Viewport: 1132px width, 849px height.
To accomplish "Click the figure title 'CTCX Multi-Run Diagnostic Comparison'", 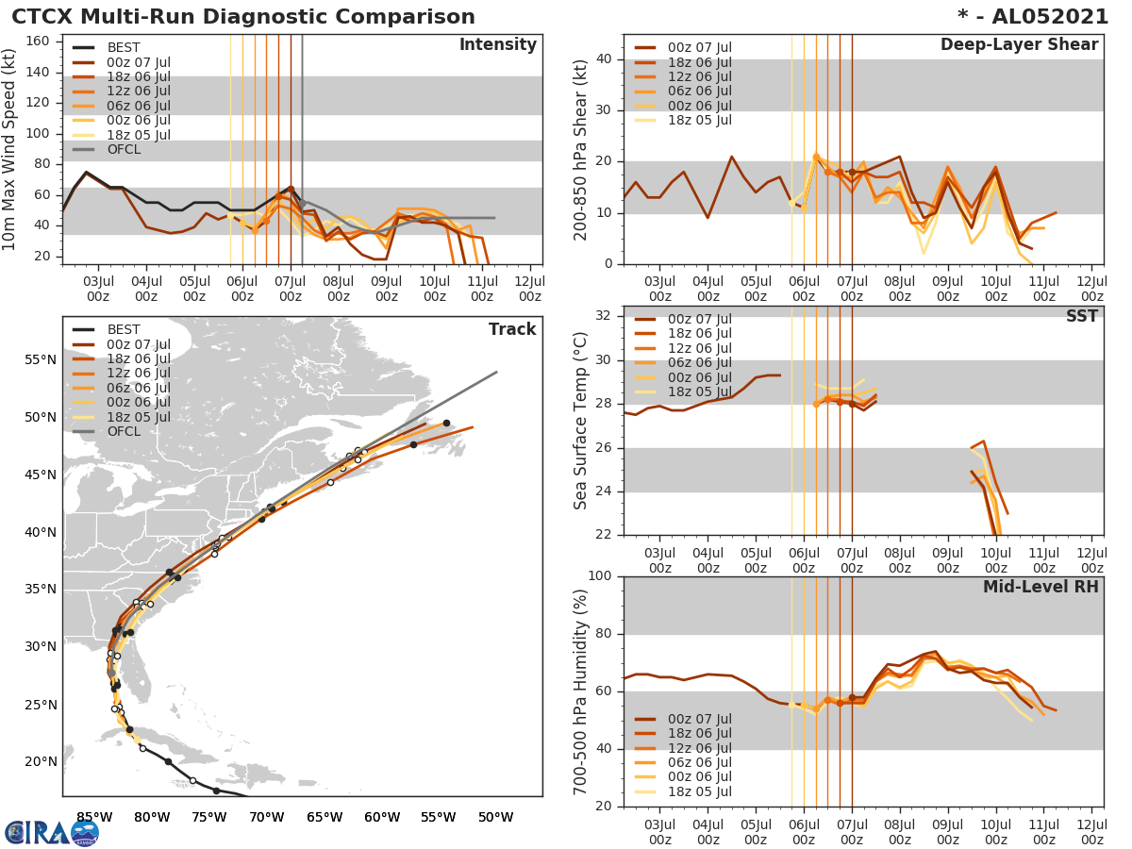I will coord(243,17).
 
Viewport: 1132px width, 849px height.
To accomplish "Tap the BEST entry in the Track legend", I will coord(124,329).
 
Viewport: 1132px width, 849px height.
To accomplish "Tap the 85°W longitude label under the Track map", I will coord(94,817).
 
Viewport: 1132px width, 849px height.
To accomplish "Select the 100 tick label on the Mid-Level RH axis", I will coord(598,576).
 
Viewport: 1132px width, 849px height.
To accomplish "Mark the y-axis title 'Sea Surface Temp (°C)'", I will coord(581,421).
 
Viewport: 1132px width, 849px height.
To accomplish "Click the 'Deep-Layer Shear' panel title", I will coord(1019,45).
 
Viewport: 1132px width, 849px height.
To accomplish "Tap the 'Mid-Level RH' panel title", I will coord(1040,587).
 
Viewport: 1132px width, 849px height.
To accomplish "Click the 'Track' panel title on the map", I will coord(511,329).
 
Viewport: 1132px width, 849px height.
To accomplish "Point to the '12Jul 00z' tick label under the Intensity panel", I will coord(530,289).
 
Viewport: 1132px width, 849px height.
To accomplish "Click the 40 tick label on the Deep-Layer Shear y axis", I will coord(603,59).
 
